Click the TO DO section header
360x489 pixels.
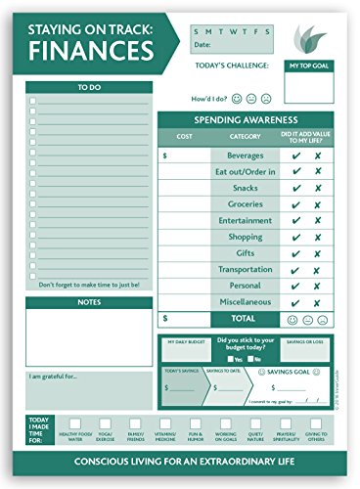tap(89, 88)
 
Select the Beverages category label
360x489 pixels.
tap(245, 156)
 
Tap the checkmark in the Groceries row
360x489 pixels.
tap(295, 204)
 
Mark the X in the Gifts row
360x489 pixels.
tap(318, 253)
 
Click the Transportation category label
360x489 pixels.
tap(245, 270)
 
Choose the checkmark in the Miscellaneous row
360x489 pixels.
tap(295, 302)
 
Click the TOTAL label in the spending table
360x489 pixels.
tap(245, 319)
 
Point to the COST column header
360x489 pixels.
tap(184, 136)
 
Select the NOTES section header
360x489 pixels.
tap(89, 302)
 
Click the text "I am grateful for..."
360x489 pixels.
tap(53, 377)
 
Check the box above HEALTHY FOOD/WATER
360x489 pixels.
tap(74, 422)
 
